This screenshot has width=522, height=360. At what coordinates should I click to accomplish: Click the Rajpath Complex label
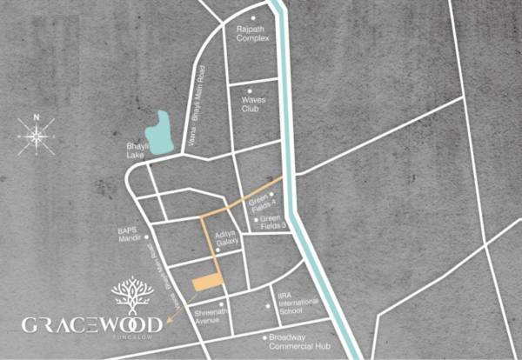(x=253, y=34)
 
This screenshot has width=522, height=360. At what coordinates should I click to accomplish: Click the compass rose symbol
(x=36, y=137)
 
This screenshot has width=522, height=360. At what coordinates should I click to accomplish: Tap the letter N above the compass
(x=36, y=116)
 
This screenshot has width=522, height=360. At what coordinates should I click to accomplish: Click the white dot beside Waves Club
(x=250, y=90)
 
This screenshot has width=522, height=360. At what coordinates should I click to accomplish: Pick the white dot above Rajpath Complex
(x=254, y=18)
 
